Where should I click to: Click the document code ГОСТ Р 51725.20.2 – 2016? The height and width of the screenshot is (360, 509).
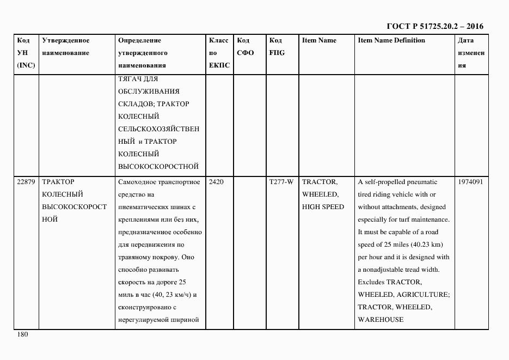[434, 26]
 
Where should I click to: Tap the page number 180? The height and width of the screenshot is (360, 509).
[22, 335]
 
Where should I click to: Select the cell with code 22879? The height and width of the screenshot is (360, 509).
[26, 182]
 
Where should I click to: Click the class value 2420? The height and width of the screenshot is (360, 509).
[216, 182]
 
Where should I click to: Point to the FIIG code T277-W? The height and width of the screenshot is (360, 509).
[281, 182]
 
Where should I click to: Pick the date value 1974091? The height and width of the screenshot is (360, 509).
[470, 182]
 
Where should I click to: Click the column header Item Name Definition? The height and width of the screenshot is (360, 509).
[391, 40]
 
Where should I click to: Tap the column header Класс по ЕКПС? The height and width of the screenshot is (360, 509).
[219, 53]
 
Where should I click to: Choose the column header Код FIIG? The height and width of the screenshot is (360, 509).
[277, 47]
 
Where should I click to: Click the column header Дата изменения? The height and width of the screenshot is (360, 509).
[471, 53]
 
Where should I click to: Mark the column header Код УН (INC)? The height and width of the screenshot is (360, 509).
[26, 53]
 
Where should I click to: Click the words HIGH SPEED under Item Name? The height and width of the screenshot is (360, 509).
[323, 207]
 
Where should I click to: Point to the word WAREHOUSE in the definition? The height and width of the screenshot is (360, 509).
[381, 320]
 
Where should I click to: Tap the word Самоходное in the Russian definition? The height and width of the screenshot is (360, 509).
[136, 182]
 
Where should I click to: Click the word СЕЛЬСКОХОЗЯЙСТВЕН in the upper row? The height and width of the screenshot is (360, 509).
[158, 129]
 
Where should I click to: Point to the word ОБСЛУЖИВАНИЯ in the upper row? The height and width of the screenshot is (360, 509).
[149, 91]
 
